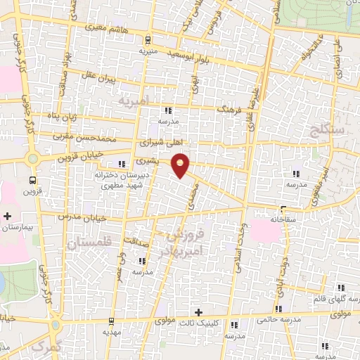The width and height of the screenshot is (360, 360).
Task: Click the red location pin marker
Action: (x=181, y=165)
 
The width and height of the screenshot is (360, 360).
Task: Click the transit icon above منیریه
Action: (x=147, y=40)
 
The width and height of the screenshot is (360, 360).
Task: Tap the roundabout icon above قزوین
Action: (x=33, y=159)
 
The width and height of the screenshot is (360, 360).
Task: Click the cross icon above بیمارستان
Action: (x=8, y=215)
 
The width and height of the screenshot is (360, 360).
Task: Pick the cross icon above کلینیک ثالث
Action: (x=198, y=311)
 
